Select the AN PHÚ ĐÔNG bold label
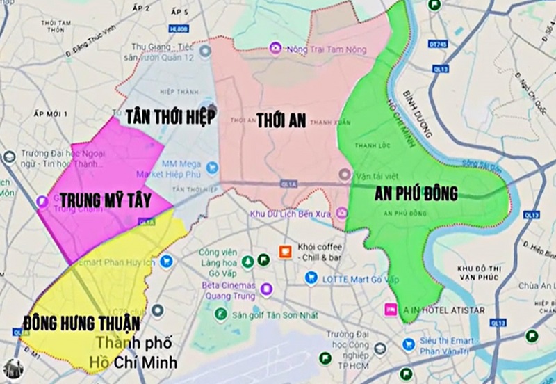point(416,193)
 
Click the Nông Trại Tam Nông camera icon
point(276,48)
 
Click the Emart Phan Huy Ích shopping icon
point(165,261)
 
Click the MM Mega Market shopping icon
point(213,167)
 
